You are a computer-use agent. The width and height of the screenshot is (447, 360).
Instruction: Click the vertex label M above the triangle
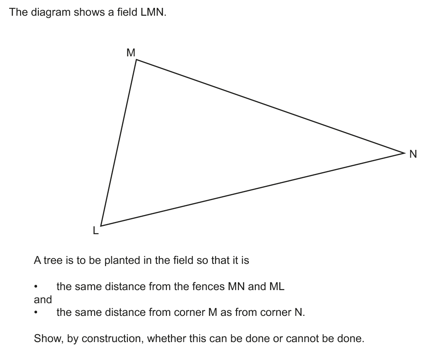[x=131, y=53]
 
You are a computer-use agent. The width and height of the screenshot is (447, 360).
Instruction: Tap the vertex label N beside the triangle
[x=413, y=154]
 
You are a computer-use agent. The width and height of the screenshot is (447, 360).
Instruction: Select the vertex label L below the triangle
[x=96, y=230]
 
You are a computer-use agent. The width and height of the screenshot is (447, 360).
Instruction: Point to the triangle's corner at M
[x=137, y=59]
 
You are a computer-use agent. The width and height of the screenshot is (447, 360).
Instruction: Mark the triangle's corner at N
[x=405, y=153]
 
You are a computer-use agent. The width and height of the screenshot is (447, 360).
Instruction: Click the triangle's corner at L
[x=101, y=226]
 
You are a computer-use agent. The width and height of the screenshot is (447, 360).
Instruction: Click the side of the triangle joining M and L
[x=119, y=142]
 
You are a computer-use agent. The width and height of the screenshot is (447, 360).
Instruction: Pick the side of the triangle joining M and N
[x=271, y=106]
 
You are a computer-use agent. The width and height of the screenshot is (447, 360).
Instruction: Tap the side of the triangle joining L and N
[x=253, y=190]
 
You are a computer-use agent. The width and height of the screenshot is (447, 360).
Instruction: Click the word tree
[x=53, y=260]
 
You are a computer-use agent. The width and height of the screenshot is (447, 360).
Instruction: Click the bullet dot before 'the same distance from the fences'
[x=36, y=287]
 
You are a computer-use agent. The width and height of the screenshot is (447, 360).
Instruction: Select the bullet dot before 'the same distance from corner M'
[x=36, y=313]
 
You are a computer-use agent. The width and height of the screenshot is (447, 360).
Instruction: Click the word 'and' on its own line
[x=43, y=300]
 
